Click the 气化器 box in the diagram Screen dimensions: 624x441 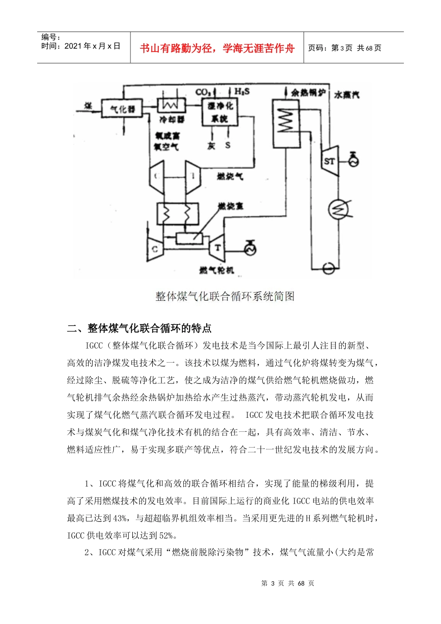122,109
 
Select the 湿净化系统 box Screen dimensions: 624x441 220,112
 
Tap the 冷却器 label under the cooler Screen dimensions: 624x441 172,120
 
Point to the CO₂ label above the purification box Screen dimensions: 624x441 203,92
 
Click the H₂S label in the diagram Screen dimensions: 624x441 242,91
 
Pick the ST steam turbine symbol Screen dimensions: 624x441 329,161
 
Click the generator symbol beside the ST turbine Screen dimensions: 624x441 354,161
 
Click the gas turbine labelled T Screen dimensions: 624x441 217,248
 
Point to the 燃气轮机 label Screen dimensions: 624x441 216,270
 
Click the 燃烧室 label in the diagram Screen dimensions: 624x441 231,206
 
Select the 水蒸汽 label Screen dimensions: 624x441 346,95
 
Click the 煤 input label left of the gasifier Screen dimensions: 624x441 88,106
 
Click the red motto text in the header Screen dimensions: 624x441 217,48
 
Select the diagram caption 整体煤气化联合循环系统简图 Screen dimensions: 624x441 225,296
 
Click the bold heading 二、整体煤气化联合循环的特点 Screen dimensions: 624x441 139,328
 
